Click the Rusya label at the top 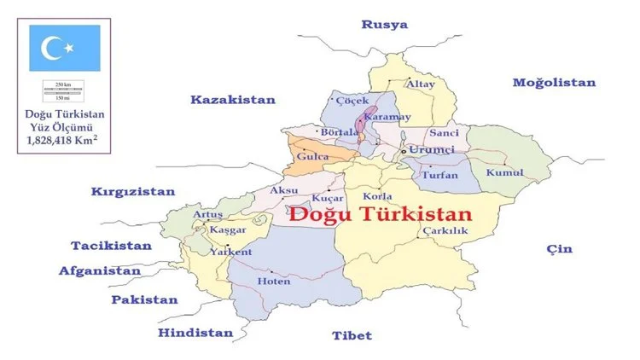tap(384, 24)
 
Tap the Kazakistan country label tap(233, 100)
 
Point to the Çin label tap(560, 249)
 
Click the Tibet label tap(352, 335)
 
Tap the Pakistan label tap(145, 299)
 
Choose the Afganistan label tap(99, 271)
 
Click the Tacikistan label tap(111, 246)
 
